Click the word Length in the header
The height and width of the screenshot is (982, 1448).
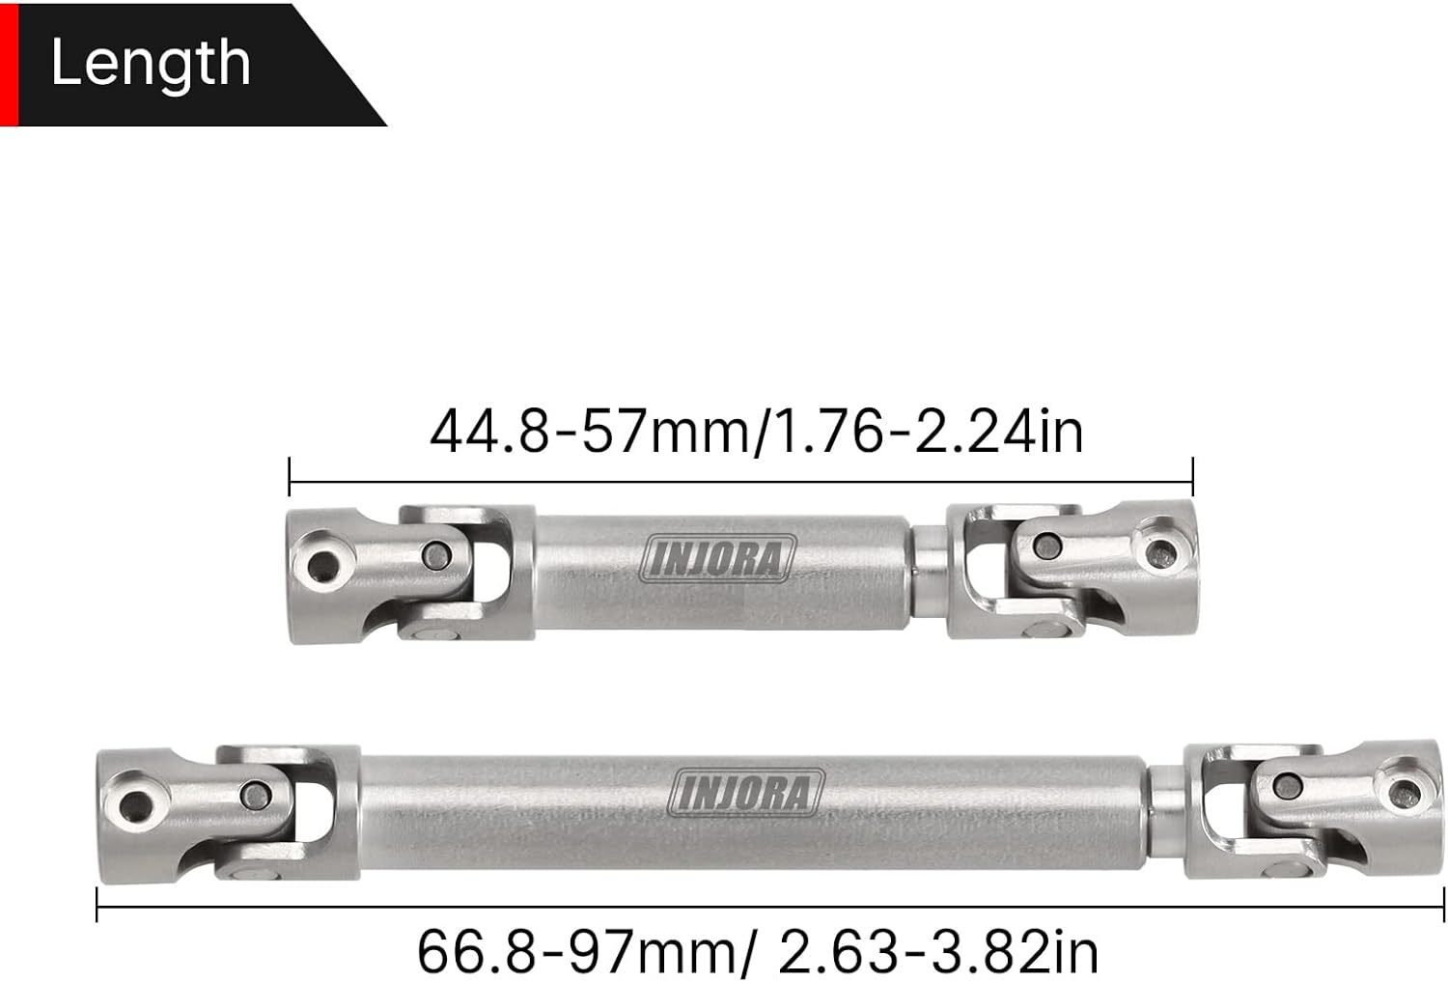click(151, 63)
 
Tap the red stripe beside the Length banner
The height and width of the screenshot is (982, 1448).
click(9, 64)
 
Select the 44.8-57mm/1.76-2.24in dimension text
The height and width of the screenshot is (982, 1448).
click(756, 432)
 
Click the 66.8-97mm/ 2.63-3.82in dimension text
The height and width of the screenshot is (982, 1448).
click(758, 951)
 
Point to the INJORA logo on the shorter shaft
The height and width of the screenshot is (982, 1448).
click(718, 559)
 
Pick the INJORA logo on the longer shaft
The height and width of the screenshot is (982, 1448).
click(749, 791)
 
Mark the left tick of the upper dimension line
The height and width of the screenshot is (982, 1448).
click(290, 476)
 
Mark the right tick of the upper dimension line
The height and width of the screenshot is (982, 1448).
click(1193, 476)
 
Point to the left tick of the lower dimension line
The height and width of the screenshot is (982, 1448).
click(97, 907)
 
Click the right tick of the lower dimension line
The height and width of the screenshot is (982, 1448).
click(1443, 907)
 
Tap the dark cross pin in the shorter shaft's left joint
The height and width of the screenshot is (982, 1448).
click(437, 554)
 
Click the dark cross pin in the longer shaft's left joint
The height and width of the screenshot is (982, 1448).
click(255, 794)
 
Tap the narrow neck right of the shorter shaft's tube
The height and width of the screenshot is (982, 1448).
click(929, 561)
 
